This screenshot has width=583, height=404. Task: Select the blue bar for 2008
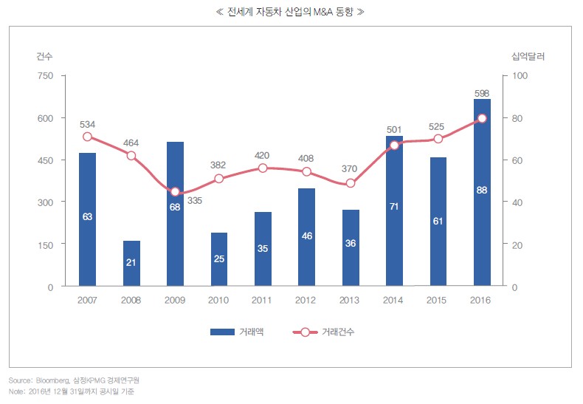tap(131, 263)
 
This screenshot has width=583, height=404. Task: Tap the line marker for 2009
tap(175, 192)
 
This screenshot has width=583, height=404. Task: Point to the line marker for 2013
tap(351, 183)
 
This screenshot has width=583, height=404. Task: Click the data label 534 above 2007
tap(88, 124)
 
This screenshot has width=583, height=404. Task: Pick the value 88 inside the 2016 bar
tap(482, 191)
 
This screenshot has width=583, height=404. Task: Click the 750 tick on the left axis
tap(45, 76)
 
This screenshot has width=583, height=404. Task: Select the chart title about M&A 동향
tap(291, 12)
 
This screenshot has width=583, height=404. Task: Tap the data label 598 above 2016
tap(481, 93)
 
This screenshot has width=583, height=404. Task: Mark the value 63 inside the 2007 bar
tap(87, 216)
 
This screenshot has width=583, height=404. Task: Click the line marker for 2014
tap(394, 145)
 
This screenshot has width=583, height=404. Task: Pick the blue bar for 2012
tap(306, 236)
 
